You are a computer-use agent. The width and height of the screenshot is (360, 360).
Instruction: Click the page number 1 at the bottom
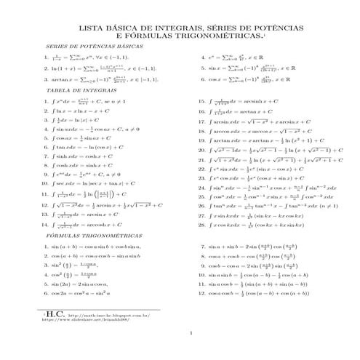click(188, 335)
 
